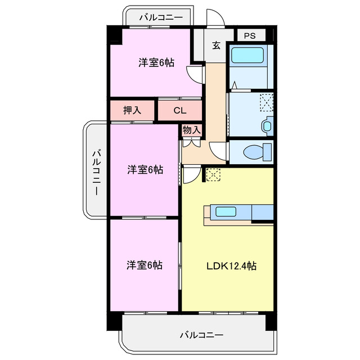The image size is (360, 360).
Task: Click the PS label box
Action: point(250,35)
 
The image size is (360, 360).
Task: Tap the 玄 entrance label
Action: point(217,46)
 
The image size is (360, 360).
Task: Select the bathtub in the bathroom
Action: point(247,56)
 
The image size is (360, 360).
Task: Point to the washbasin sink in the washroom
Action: point(267,126)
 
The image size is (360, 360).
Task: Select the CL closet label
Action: point(179,111)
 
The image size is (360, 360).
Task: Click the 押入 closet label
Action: point(132,111)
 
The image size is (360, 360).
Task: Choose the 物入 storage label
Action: point(191,129)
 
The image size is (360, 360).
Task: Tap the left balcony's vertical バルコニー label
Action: point(96,171)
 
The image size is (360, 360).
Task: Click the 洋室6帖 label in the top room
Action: point(156,63)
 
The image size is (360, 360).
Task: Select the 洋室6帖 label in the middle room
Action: point(145,169)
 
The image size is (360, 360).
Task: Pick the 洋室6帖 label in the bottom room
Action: point(145,264)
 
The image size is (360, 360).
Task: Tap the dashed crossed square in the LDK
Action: point(214,174)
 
